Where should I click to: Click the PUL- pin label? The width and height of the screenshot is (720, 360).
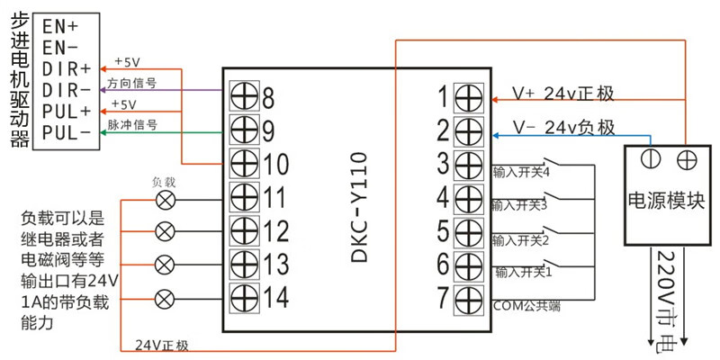pos(67,133)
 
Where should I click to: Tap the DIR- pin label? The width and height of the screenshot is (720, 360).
pos(67,90)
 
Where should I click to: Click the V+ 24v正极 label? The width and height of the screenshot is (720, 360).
pos(563,94)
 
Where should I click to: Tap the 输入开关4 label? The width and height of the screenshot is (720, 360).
pos(520,170)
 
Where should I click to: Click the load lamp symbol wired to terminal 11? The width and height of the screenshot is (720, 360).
pos(165,197)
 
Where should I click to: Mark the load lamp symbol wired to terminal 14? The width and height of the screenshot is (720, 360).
pos(165,296)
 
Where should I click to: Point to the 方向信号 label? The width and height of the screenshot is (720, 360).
pos(132,82)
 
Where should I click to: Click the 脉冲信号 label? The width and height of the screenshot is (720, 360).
pos(132,125)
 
